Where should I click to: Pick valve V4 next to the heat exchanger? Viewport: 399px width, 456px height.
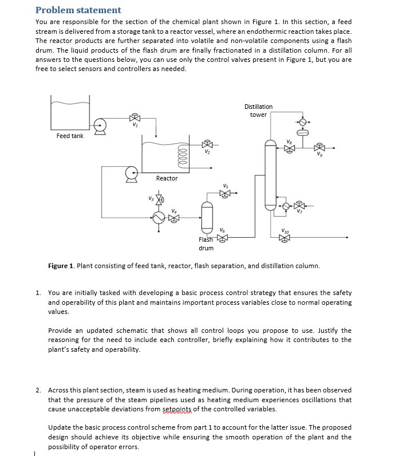[174, 218]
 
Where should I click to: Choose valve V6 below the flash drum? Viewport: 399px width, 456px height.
[222, 237]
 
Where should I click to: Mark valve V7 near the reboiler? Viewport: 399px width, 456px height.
[298, 205]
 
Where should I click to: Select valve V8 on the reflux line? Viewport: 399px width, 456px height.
[290, 148]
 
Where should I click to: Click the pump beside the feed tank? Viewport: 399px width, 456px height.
[100, 124]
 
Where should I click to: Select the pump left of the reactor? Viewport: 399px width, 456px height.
[132, 171]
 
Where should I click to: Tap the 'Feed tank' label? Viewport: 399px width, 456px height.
[70, 136]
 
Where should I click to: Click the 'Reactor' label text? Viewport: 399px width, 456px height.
[167, 178]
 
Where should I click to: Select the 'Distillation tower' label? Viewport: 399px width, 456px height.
[258, 111]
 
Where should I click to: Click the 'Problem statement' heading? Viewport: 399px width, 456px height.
[78, 10]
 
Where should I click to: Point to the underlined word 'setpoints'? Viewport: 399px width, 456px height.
[178, 409]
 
